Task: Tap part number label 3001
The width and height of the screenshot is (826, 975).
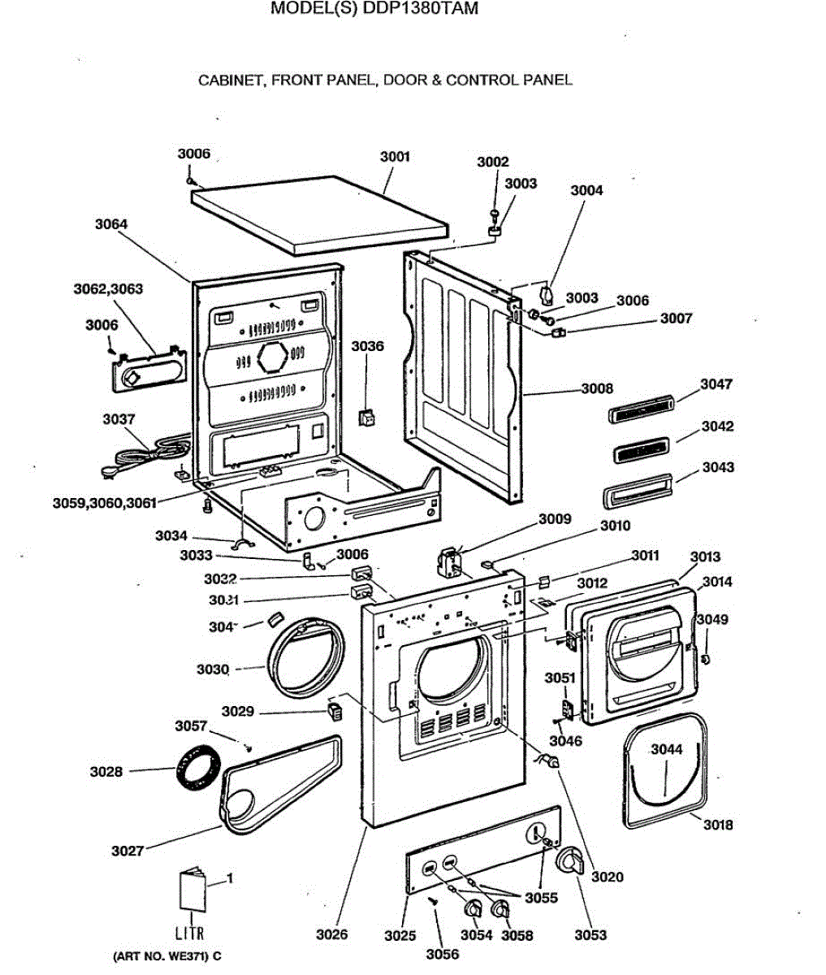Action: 395,156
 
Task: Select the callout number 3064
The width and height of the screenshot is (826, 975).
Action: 111,224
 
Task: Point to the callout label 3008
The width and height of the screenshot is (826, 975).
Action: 597,389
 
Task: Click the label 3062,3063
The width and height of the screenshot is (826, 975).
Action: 108,288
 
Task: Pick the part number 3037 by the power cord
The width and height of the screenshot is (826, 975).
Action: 119,419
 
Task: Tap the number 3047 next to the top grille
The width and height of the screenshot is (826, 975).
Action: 716,384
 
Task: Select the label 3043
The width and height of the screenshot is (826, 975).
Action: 718,467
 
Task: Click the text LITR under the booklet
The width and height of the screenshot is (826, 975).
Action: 190,934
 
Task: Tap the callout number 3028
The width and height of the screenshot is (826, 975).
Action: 106,772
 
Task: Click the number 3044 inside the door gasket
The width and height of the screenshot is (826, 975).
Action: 666,750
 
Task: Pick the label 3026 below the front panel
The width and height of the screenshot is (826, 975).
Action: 331,934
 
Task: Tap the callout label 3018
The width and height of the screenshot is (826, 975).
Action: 717,825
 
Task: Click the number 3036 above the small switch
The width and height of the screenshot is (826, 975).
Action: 367,346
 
